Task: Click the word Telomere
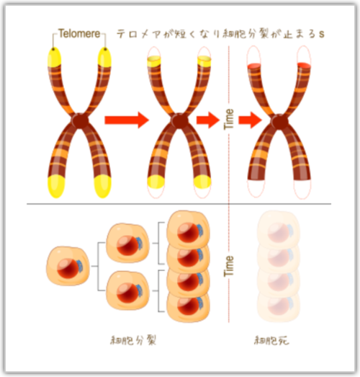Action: click(79, 33)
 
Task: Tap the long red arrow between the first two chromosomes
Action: click(127, 120)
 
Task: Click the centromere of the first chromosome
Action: click(80, 120)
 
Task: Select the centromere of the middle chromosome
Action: click(179, 120)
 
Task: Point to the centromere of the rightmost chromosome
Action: click(279, 122)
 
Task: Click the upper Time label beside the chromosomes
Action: click(229, 120)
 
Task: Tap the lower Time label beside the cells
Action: click(229, 266)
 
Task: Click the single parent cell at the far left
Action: click(68, 265)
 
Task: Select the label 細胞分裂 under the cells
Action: click(133, 340)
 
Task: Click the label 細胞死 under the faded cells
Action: click(271, 340)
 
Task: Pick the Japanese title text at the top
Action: click(220, 34)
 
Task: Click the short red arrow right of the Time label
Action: click(251, 120)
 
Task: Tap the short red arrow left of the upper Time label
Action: click(208, 120)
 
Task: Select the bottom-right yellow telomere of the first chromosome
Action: click(103, 187)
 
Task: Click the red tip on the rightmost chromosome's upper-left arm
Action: click(255, 66)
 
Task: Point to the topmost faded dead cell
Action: click(279, 230)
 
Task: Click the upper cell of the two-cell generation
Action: click(127, 243)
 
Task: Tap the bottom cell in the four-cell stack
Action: click(189, 306)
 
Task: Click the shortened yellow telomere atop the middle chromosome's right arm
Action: click(204, 61)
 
